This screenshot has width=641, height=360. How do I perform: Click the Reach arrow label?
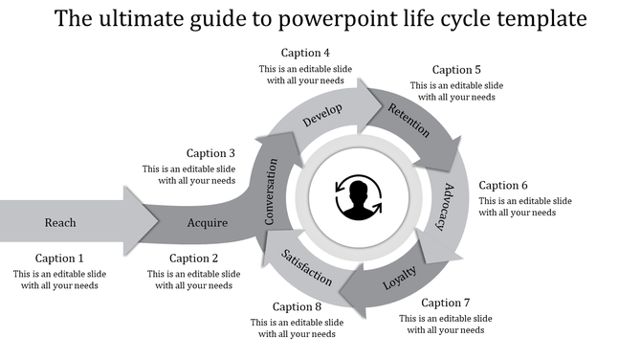coord(60,223)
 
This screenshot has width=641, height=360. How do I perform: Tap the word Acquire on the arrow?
coord(208,223)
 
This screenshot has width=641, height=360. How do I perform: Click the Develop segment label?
coord(322,116)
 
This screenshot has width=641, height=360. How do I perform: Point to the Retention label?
coord(409,121)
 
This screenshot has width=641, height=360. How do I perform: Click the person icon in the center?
coord(359,198)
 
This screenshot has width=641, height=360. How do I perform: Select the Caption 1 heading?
coord(60,258)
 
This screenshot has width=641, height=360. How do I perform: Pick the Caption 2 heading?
coord(194,258)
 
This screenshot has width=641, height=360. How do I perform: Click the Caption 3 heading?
coord(210,152)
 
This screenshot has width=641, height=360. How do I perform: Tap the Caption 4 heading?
coord(305,52)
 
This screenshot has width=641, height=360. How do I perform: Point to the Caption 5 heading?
coord(456,69)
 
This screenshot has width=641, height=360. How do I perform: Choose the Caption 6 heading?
coord(503,185)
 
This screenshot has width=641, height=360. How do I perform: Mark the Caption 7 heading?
coord(446,303)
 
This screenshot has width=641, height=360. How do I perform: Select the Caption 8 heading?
coord(297,306)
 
